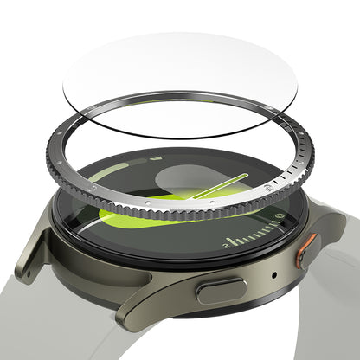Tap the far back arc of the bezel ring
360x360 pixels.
tap(199, 98)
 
